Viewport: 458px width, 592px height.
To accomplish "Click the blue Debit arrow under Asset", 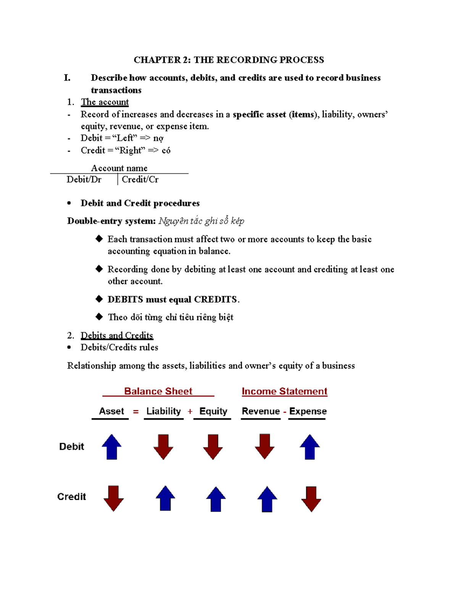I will [x=111, y=447].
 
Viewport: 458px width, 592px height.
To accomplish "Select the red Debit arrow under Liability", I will [x=163, y=447].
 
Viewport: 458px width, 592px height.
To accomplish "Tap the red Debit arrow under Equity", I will [x=213, y=447].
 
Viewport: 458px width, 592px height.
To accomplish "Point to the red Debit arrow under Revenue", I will [x=264, y=446].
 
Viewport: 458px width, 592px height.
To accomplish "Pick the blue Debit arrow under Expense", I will [x=310, y=447].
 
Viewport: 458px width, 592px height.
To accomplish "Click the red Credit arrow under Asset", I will [x=113, y=498].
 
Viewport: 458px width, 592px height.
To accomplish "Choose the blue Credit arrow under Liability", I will [x=165, y=498].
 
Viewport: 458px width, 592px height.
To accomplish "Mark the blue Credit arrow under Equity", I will [x=216, y=499].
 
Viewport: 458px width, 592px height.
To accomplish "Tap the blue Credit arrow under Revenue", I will [x=267, y=499].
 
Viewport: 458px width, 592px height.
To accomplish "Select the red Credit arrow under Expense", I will [x=311, y=499].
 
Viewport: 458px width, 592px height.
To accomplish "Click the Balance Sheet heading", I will [x=158, y=391].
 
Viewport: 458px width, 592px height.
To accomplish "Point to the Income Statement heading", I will [x=284, y=391].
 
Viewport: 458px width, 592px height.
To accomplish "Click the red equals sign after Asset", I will [x=136, y=412].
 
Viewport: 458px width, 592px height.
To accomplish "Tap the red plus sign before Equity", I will [x=190, y=412].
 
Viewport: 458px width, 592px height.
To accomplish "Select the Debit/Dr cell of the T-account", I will [x=84, y=180].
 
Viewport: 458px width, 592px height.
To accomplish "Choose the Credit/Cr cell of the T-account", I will [x=140, y=180].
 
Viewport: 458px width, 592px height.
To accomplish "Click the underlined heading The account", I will [x=105, y=102].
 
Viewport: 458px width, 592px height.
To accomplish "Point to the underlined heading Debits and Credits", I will [x=117, y=335].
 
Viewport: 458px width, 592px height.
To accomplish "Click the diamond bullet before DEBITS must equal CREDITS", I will [x=99, y=299].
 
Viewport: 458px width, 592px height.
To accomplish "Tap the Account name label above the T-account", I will [x=119, y=168].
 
